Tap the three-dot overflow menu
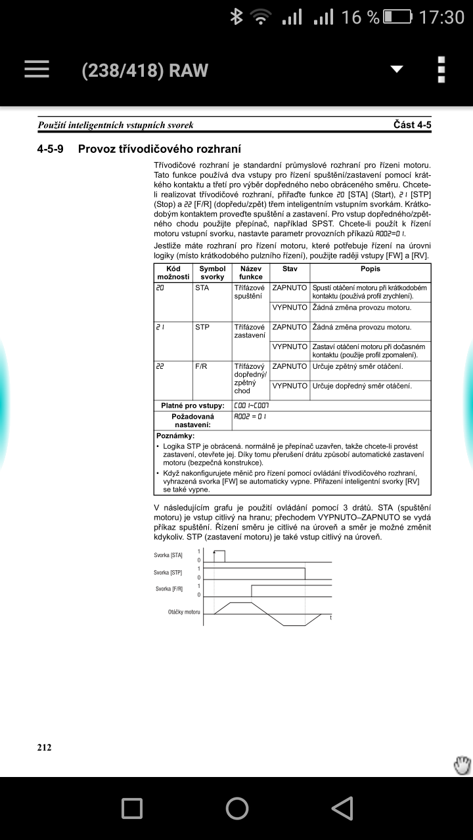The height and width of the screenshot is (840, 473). coord(441,70)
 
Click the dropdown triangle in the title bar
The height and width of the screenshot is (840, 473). coord(397,70)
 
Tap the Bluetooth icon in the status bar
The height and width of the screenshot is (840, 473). coord(236,17)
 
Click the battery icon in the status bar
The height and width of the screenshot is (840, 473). coord(398,17)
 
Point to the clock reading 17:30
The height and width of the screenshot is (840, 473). coord(441,17)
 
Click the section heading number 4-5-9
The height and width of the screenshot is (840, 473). coord(51,148)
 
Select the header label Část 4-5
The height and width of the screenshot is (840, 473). coord(412,125)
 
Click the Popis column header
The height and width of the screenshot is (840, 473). coord(370,269)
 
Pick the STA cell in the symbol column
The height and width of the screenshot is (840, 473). coord(202,288)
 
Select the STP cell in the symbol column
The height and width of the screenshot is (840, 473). coord(202,327)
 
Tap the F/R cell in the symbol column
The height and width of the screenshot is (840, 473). coord(201,366)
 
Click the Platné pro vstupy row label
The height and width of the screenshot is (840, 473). coord(192,406)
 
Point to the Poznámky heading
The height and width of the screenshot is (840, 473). coord(175,435)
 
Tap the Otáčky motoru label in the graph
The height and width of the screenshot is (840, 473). coord(183,612)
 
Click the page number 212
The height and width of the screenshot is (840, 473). coord(44,747)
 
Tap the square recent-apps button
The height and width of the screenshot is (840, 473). coord(132,808)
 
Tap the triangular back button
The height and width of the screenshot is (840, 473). coord(342,808)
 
